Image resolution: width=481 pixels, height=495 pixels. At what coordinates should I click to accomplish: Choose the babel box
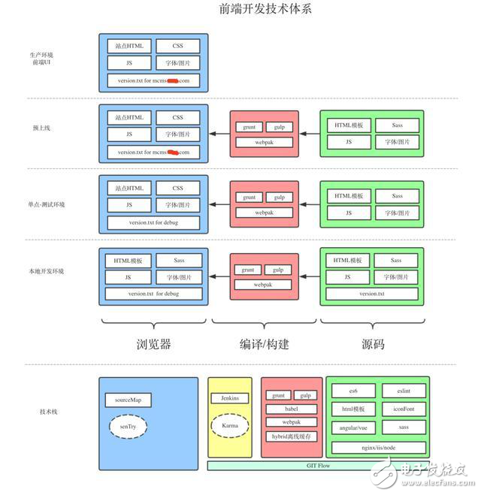coord(291,409)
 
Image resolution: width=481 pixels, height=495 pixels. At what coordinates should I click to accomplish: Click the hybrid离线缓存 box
coord(291,436)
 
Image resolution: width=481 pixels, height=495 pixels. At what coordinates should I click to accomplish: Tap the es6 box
coord(352,391)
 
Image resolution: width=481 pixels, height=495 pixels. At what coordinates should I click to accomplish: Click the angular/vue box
coord(352,427)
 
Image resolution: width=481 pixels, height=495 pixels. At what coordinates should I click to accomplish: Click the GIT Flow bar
coord(319,466)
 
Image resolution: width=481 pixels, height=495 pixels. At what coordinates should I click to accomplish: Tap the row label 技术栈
coord(50,412)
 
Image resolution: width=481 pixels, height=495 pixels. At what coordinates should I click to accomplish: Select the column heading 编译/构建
coord(264,345)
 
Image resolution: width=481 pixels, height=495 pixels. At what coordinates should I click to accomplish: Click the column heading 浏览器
coord(153,345)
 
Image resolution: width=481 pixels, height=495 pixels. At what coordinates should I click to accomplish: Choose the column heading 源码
coord(373,345)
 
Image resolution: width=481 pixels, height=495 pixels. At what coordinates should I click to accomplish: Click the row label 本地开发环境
coord(49,271)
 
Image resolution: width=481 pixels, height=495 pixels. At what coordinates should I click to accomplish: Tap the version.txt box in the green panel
coord(371,294)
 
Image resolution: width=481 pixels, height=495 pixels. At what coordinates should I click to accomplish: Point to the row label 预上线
coord(42,128)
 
